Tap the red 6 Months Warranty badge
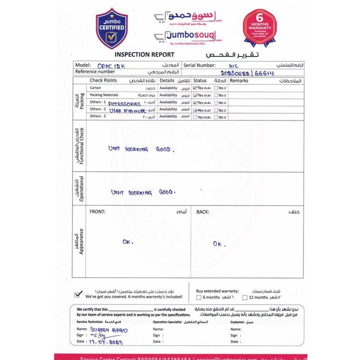pyautogui.click(x=260, y=27)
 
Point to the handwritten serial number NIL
pyautogui.click(x=234, y=65)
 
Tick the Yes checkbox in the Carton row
pyautogui.click(x=195, y=88)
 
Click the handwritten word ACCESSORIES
pyautogui.click(x=124, y=103)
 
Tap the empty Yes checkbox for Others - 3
pyautogui.click(x=195, y=117)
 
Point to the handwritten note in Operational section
pyautogui.click(x=143, y=192)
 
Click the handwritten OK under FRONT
pyautogui.click(x=128, y=241)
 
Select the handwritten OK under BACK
pyautogui.click(x=219, y=243)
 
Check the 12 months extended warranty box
pyautogui.click(x=245, y=297)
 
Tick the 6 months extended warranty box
pyautogui.click(x=198, y=297)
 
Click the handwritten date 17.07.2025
pyautogui.click(x=106, y=342)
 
